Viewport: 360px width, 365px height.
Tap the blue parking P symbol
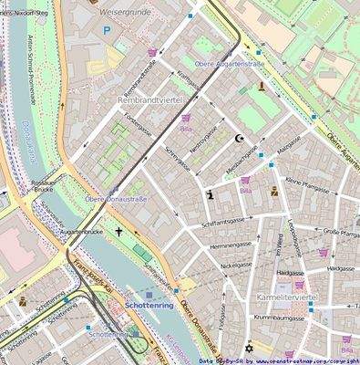(x=107, y=30)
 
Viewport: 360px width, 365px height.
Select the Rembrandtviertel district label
(x=151, y=98)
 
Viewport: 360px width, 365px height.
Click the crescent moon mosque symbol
(x=241, y=139)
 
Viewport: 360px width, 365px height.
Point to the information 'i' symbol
(x=211, y=193)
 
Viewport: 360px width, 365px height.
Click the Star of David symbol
(x=246, y=348)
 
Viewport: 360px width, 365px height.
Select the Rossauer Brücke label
(x=44, y=186)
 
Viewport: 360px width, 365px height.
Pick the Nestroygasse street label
(x=207, y=146)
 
